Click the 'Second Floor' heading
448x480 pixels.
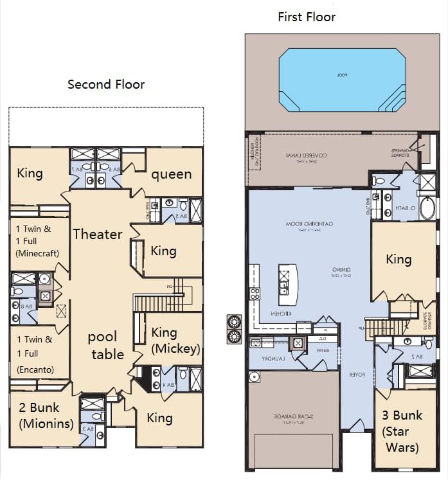coord(106,85)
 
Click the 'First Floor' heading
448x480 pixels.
coord(307,17)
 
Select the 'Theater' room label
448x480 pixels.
coord(97,234)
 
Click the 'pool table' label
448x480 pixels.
coord(107,345)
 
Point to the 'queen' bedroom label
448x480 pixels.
coord(171,174)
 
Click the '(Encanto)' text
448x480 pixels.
coord(35,369)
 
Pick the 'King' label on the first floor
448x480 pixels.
coord(399,259)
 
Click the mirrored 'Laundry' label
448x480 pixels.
coord(273,360)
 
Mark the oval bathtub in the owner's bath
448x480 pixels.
coord(427,209)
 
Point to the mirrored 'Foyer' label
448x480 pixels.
coord(357,374)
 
